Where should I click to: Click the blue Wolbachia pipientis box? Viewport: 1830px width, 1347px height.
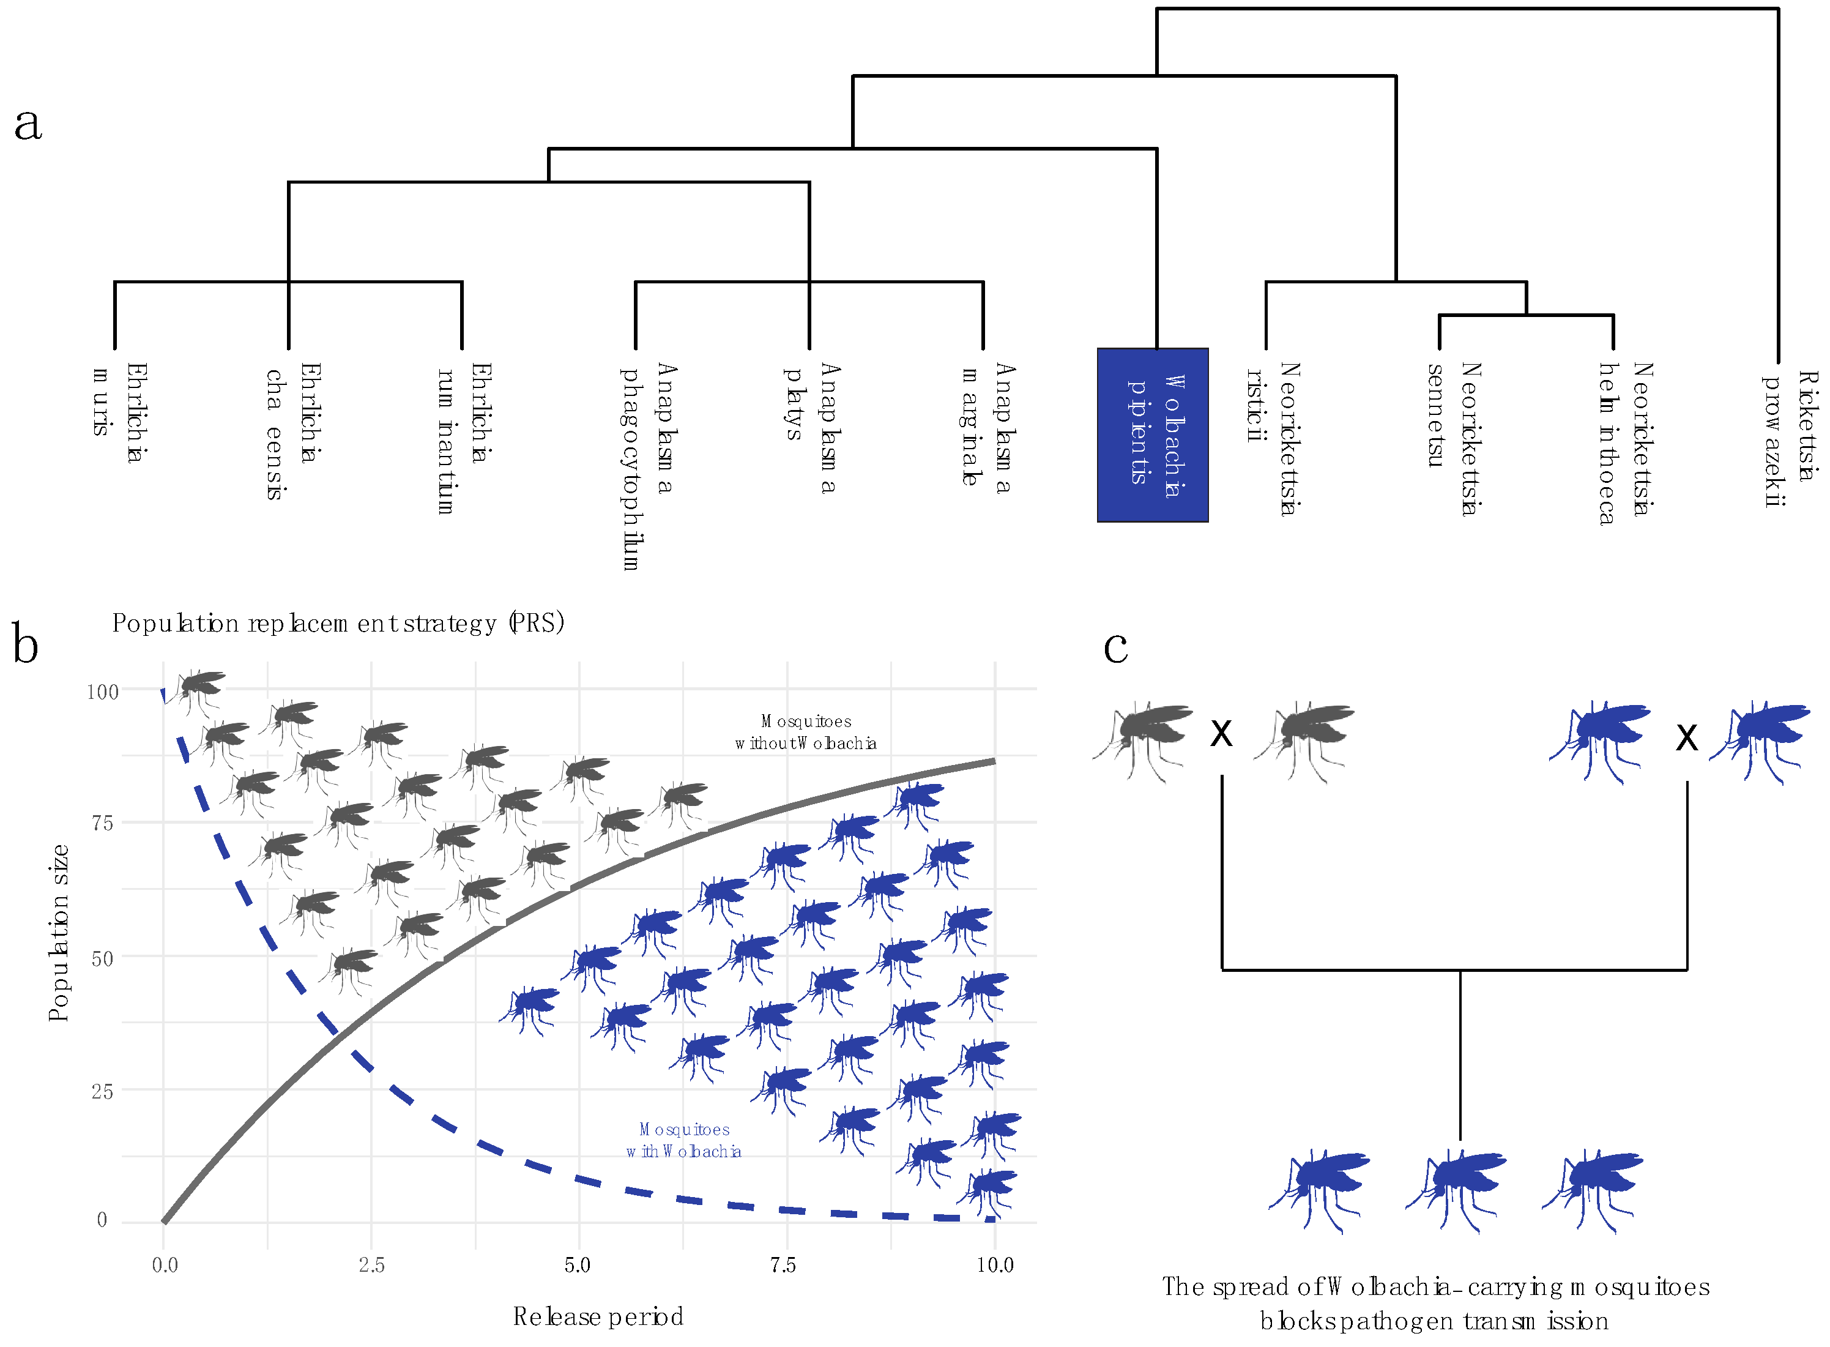coord(1152,435)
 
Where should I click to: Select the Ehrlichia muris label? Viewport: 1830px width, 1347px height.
coord(119,412)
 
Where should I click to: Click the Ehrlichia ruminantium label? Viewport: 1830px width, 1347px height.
coord(462,437)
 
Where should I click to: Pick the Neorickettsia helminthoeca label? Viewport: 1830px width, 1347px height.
coord(1624,442)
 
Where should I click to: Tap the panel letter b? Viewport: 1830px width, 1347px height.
coord(25,644)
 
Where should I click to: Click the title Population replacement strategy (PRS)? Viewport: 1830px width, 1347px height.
coord(338,623)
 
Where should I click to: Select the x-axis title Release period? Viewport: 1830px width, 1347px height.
coord(598,1316)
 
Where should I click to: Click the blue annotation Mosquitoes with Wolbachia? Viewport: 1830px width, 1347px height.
coord(684,1140)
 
